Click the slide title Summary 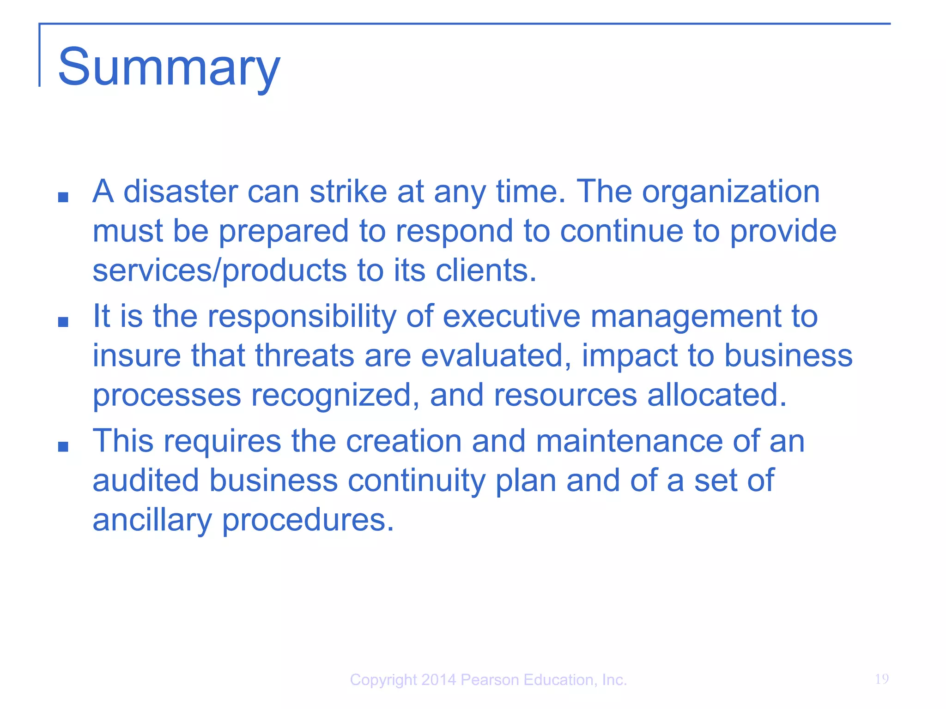click(169, 67)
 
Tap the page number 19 click(881, 679)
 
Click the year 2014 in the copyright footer click(439, 680)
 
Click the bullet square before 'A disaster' click(63, 198)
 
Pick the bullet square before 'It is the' click(63, 322)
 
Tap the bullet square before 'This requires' click(63, 446)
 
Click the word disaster click(180, 191)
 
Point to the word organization click(731, 192)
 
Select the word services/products click(220, 270)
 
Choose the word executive click(511, 316)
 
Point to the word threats click(304, 355)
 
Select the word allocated click(717, 395)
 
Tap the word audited click(146, 481)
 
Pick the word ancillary click(152, 520)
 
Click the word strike click(348, 191)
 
